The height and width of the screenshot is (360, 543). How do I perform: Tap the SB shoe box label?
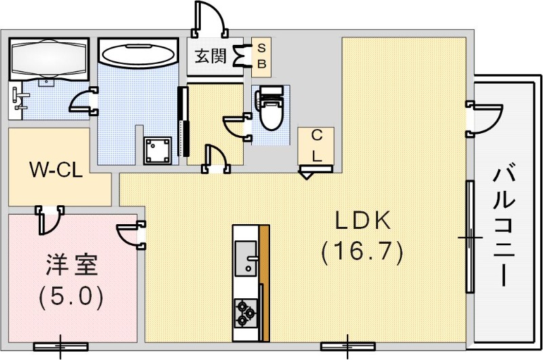pos(261,56)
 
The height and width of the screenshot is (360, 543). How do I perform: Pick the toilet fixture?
pos(270,109)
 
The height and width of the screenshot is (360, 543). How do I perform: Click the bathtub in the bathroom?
pos(136,53)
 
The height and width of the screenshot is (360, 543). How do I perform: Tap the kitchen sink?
pos(245,257)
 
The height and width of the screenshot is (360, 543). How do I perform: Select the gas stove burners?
pos(245,313)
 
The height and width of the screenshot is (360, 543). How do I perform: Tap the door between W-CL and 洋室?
pos(50,219)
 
